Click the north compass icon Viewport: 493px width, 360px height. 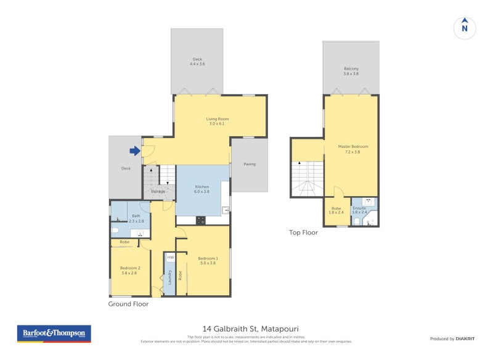(465, 27)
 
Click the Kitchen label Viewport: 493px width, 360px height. (202, 189)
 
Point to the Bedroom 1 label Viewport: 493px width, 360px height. (207, 260)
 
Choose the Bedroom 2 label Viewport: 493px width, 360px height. (130, 271)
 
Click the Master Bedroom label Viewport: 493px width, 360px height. (352, 149)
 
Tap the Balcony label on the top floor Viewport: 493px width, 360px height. (351, 71)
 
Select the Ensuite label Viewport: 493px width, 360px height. (359, 210)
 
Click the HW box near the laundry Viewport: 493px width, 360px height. (170, 257)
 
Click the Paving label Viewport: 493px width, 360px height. (249, 164)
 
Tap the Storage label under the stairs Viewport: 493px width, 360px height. (158, 192)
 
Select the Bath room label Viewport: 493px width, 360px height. (136, 218)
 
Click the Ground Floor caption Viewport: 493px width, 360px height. (128, 304)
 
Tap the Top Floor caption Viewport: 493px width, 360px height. (303, 232)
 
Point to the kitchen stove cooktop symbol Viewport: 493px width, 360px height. (201, 219)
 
